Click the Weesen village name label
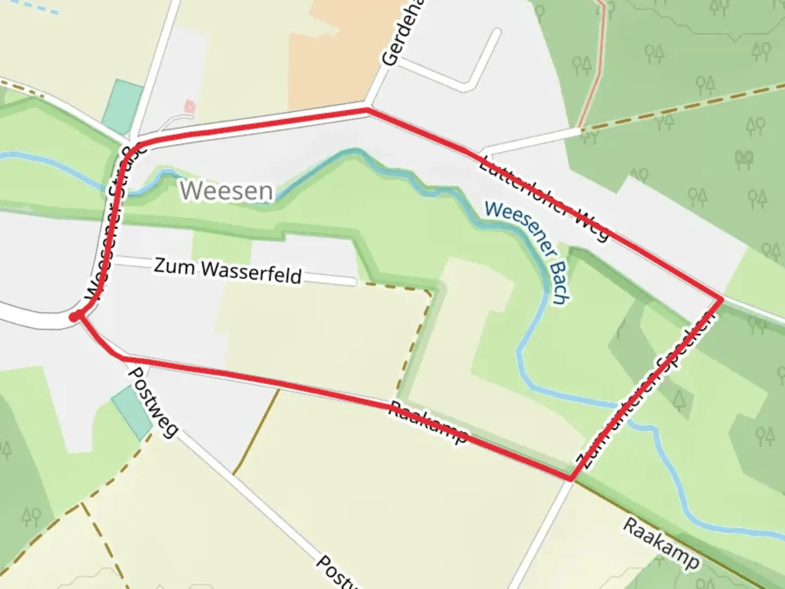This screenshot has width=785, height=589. click(x=227, y=191)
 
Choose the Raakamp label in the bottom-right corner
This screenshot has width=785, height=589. click(x=661, y=544)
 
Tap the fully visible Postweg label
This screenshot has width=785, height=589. click(x=153, y=402)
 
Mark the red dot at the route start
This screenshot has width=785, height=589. click(x=75, y=316)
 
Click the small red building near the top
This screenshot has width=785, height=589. click(x=190, y=106)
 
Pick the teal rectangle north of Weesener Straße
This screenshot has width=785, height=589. click(x=123, y=107)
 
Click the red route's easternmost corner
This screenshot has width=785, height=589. click(x=722, y=299)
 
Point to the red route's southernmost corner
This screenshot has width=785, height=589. click(x=570, y=479)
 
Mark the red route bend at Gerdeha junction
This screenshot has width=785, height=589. click(x=367, y=110)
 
